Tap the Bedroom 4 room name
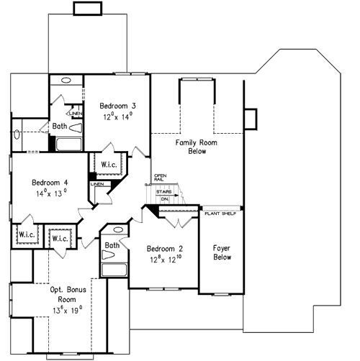point(40,182)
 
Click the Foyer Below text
point(221,252)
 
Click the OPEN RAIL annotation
point(160,177)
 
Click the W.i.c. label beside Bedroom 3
point(109,165)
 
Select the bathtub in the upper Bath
point(68,144)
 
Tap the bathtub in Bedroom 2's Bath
point(114,270)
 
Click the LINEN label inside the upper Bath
point(75,114)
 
